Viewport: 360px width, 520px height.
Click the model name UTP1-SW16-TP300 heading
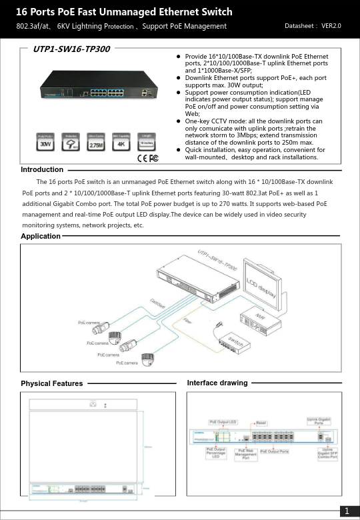point(72,49)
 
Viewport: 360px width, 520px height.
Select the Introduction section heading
point(42,169)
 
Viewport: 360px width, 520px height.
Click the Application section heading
point(40,237)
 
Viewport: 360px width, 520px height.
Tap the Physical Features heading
point(52,383)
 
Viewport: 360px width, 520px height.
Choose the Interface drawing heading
point(217,383)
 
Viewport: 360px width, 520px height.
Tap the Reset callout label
point(262,423)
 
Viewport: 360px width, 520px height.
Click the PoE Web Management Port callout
point(245,453)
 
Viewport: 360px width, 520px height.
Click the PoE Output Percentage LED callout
point(215,453)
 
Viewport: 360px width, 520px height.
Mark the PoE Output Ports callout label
point(275,451)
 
